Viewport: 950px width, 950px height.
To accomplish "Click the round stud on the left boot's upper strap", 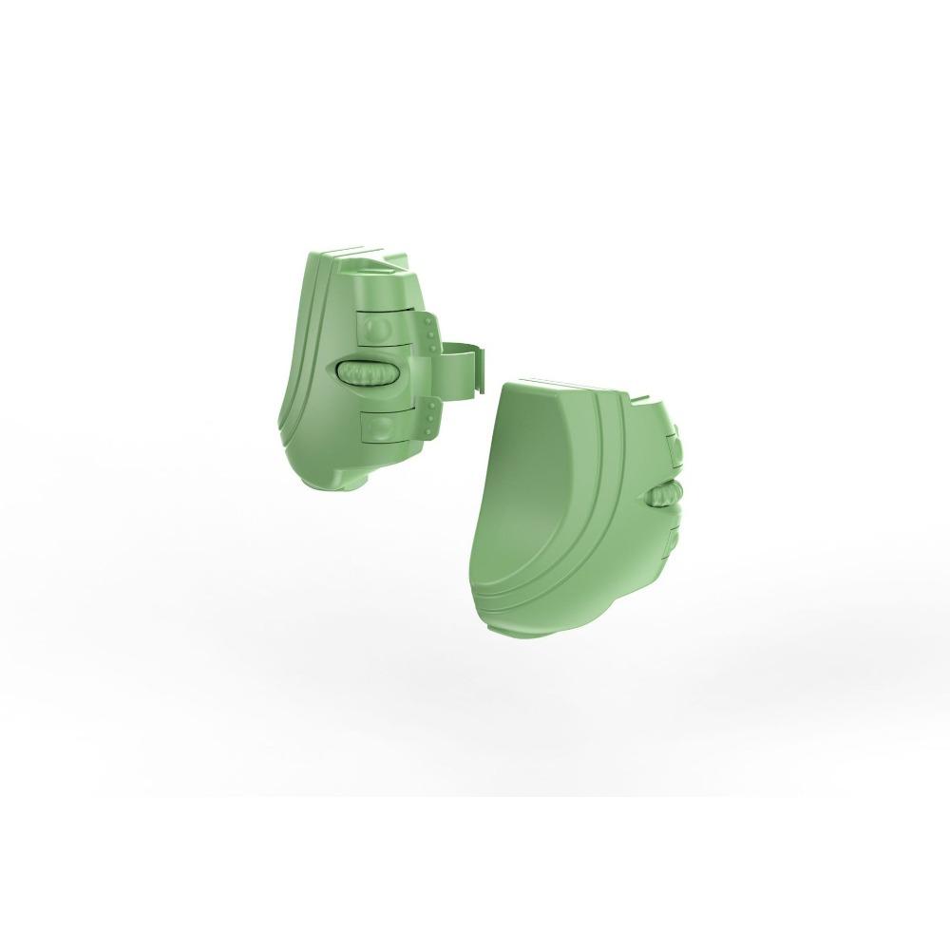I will [379, 331].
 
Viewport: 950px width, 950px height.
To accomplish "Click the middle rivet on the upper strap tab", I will [432, 334].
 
